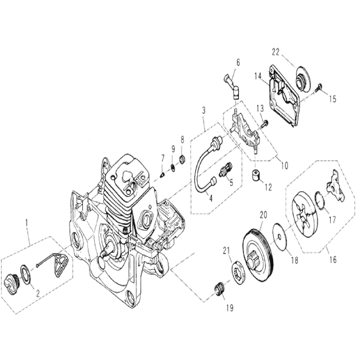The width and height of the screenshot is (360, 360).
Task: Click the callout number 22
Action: (x=274, y=52)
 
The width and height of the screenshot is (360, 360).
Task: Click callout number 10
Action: (x=284, y=166)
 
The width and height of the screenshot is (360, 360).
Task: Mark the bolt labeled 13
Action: (x=265, y=121)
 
